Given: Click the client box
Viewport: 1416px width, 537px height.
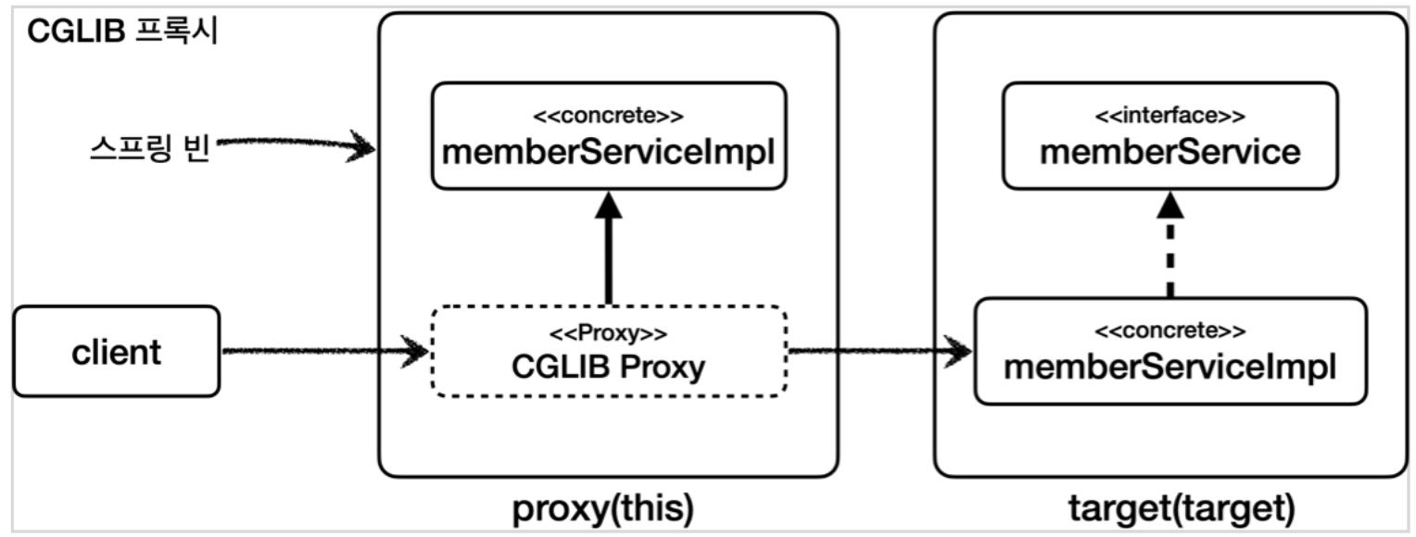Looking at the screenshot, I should pos(117,352).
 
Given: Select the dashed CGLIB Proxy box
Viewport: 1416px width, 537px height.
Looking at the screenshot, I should pos(609,352).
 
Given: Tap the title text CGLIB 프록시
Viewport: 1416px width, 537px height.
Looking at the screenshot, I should pos(122,32).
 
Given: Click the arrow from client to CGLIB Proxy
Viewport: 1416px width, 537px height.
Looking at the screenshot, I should pos(324,352).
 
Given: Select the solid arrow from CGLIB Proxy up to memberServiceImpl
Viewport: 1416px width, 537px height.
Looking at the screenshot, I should pos(609,259).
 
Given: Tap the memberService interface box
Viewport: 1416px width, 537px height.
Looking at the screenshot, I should pos(1169,135).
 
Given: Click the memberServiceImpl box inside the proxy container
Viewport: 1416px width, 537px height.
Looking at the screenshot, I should pos(609,135).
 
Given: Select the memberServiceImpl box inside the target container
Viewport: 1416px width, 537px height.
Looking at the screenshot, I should pos(1169,350).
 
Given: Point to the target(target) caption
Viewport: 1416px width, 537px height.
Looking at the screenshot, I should pos(1170,507).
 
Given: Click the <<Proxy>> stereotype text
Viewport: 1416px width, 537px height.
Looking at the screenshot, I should pos(609,332).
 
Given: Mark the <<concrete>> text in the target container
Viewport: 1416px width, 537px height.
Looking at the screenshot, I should pos(1169,331).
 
